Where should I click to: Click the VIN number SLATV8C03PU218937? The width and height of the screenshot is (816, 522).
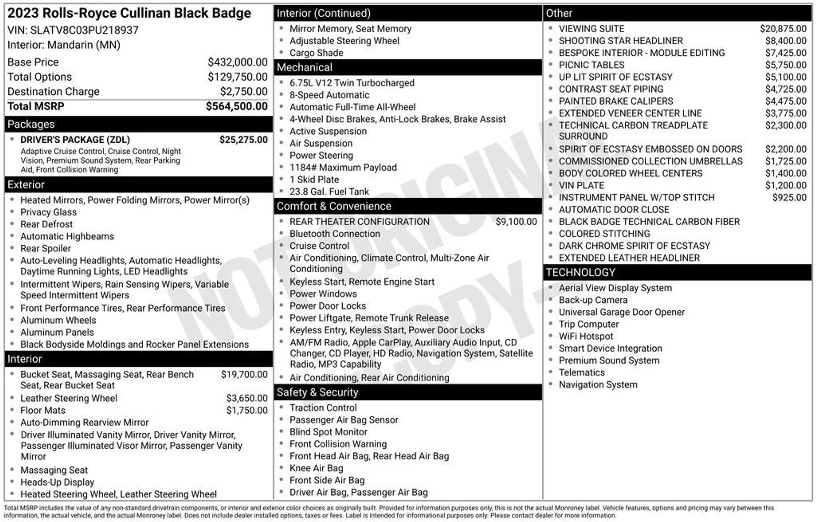tap(84, 30)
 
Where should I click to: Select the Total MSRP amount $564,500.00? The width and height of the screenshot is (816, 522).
tap(237, 106)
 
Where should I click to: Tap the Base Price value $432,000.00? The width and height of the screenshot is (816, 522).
tap(238, 62)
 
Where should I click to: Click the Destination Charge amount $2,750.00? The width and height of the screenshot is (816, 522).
tap(244, 91)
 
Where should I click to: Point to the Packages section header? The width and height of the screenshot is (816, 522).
tap(31, 124)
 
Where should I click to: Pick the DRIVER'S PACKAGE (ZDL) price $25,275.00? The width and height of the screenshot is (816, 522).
tap(244, 140)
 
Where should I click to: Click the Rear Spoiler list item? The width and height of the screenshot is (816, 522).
tap(45, 248)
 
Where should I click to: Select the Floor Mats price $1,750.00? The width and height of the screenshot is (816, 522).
tap(247, 410)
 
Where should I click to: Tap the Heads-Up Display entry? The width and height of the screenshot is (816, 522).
tap(57, 482)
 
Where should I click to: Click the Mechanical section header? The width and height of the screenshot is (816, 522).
tap(304, 67)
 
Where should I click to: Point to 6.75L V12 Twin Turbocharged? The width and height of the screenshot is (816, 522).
tap(351, 83)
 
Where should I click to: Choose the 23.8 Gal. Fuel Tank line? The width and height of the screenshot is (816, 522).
tap(329, 192)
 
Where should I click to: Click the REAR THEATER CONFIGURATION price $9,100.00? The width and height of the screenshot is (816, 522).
tap(516, 221)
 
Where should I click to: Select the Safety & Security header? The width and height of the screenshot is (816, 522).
tap(317, 392)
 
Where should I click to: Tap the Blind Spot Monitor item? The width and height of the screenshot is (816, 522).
tap(328, 432)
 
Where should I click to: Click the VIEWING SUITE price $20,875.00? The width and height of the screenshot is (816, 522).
tap(783, 28)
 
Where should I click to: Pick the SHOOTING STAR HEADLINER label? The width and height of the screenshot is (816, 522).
tap(620, 41)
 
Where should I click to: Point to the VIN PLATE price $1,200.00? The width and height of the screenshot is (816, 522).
tap(785, 185)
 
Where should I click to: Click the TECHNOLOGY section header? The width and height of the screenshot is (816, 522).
tap(580, 272)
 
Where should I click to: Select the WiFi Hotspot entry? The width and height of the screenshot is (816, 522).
tap(586, 336)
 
